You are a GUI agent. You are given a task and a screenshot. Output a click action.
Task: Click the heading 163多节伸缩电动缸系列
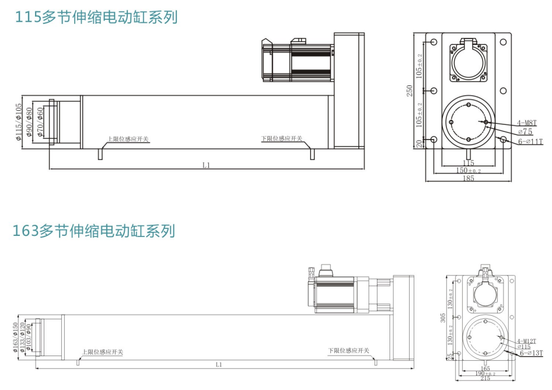point(94,230)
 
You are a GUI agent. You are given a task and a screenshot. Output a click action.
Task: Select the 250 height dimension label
point(410,90)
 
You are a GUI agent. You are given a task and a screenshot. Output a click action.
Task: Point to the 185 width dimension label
point(469,178)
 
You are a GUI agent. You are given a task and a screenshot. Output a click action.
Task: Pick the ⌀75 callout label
point(525,133)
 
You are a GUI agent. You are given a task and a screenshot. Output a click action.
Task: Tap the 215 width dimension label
point(485,379)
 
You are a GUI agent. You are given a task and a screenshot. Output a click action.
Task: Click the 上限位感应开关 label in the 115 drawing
point(128,139)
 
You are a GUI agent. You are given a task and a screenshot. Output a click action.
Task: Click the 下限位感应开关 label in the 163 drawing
point(349,351)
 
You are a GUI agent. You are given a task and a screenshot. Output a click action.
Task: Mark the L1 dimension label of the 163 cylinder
point(219,364)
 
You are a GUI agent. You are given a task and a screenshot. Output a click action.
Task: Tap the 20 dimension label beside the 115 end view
point(417,144)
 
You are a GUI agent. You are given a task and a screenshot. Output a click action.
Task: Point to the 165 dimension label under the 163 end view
point(485,368)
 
